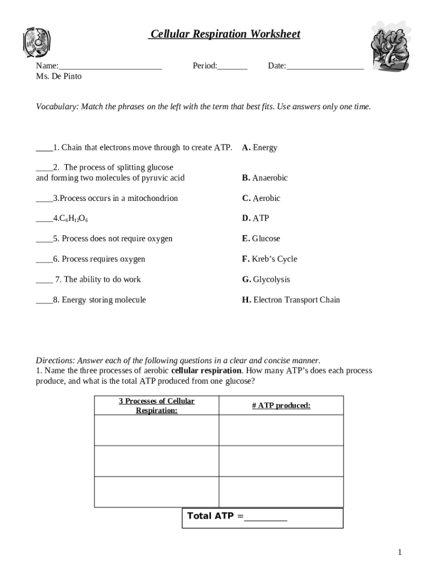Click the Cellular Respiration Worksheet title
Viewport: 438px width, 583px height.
[x=224, y=34]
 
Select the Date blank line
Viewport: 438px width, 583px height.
[x=325, y=67]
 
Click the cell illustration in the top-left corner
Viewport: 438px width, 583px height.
[x=37, y=44]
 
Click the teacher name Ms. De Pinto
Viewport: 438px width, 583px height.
[x=59, y=76]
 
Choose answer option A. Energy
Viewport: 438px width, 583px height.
[x=259, y=148]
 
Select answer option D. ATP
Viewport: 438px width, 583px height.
[x=255, y=218]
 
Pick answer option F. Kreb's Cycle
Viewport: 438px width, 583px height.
[x=270, y=259]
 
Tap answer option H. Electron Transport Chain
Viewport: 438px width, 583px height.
[x=291, y=300]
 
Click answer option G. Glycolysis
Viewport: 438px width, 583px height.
[x=266, y=280]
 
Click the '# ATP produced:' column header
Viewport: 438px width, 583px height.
[x=281, y=406]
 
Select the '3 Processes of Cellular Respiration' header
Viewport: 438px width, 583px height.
[x=156, y=406]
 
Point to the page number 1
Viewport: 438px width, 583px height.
[x=400, y=552]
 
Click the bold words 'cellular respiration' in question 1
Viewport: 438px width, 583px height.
[x=206, y=371]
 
